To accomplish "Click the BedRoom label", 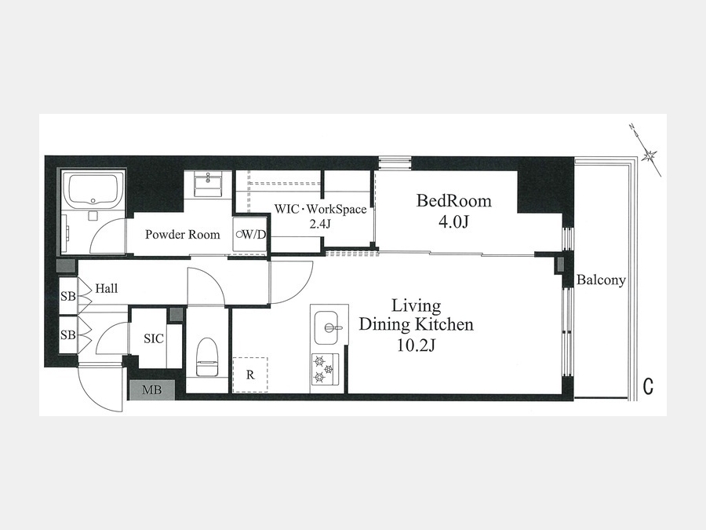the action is pos(453,200).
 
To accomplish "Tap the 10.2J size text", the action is pos(415,345).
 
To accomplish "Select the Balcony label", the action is pos(601,280).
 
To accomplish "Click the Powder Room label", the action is pos(182,234).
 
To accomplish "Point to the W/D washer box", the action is pos(250,234).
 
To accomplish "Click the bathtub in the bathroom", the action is pos(93,188).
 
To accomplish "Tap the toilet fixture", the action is pos(207,356).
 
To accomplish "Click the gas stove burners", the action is pos(325,369).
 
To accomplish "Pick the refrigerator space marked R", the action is pos(250,375).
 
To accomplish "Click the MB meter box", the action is pos(151,389).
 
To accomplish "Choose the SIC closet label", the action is pos(154,338).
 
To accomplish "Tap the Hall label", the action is pos(106,288).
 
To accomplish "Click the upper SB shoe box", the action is pos(68,296).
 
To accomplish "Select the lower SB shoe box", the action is pos(68,335).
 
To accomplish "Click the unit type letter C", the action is pos(648,386).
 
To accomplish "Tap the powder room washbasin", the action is pos(208,184).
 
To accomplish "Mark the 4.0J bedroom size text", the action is pos(453,222).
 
